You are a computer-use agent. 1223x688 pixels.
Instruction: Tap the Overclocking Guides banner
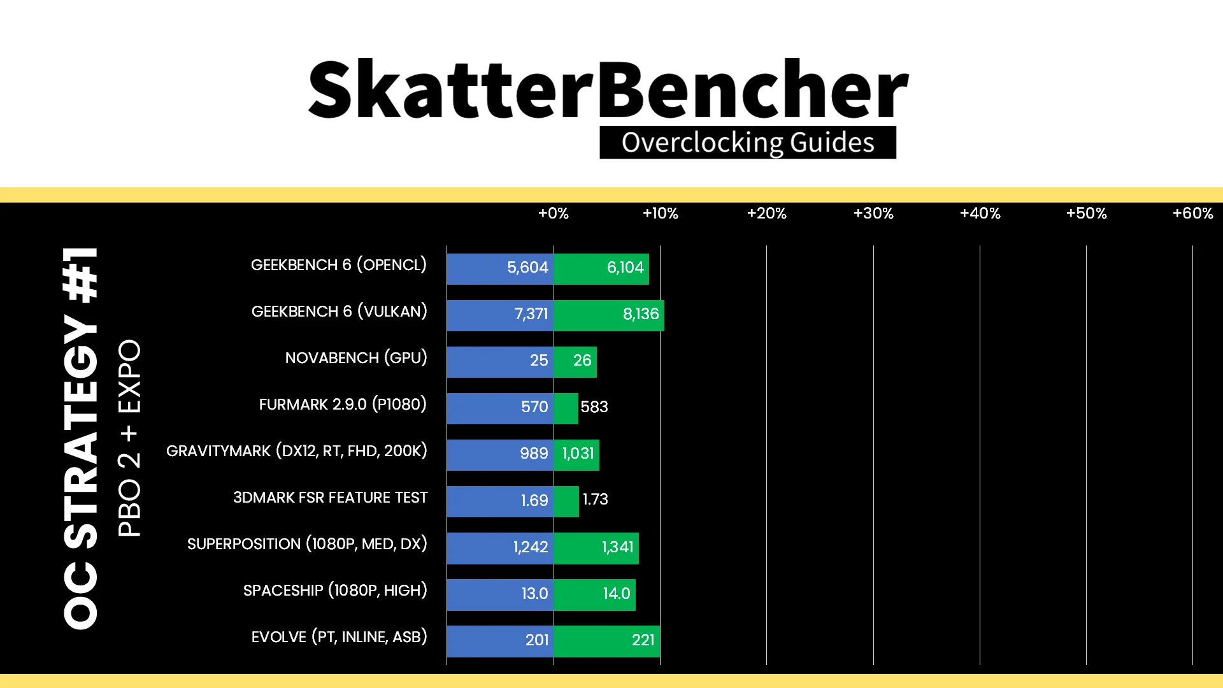coord(748,143)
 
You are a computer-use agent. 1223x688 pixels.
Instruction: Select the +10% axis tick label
coord(660,213)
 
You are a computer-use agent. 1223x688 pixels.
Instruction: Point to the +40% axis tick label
coord(980,213)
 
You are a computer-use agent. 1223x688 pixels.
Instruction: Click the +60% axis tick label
coord(1192,213)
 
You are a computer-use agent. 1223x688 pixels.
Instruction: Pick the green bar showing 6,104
coord(601,268)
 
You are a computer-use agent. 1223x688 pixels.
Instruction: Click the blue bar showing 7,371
coord(500,315)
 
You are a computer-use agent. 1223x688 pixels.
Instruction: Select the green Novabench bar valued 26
coord(575,361)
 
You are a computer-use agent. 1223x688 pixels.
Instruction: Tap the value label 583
coord(594,407)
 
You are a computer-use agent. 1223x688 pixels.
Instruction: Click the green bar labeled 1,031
coord(576,454)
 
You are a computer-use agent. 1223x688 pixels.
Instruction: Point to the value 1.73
coord(596,499)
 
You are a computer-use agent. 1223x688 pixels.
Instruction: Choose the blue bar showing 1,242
coord(500,548)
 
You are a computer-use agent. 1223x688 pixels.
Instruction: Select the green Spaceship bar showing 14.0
coord(595,594)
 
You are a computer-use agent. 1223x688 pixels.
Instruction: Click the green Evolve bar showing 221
coord(607,641)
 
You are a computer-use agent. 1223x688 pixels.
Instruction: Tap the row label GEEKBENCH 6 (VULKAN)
coord(340,312)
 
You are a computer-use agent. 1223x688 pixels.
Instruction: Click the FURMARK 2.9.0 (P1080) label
coord(343,405)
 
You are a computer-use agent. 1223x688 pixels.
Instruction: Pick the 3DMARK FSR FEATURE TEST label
coord(330,498)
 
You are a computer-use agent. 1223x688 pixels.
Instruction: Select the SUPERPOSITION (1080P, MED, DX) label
coord(307,544)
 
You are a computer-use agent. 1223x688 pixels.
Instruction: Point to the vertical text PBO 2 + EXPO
coord(129,438)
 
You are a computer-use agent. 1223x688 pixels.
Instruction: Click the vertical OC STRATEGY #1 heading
coord(81,438)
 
